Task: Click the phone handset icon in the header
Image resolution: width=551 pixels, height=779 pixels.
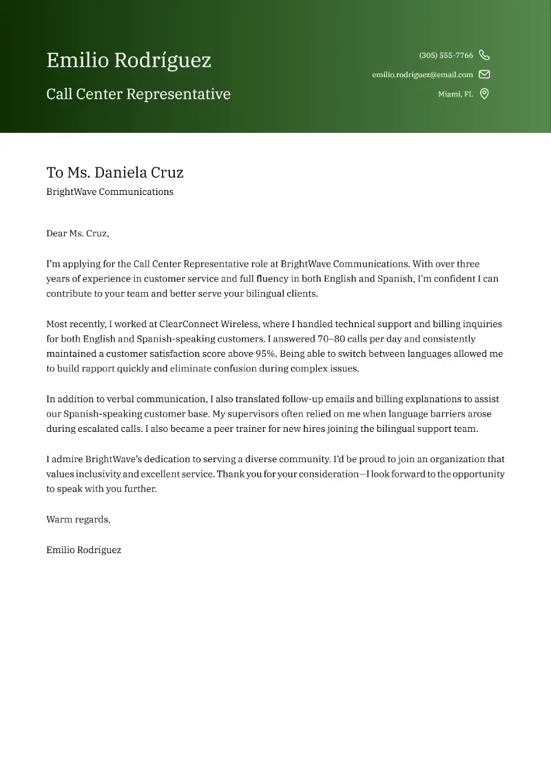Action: click(x=484, y=55)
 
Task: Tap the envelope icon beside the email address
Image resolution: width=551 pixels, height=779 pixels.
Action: click(x=484, y=74)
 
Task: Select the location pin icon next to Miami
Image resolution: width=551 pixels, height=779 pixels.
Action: click(x=484, y=94)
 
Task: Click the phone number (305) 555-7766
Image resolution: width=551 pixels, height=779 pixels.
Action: click(x=446, y=55)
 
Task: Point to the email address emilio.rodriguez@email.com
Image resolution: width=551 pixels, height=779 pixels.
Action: click(x=422, y=74)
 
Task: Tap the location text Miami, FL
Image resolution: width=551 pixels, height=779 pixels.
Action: click(x=455, y=94)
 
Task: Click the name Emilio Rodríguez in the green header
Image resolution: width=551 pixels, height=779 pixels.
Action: click(x=129, y=61)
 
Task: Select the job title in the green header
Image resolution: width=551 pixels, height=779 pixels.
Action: click(x=138, y=94)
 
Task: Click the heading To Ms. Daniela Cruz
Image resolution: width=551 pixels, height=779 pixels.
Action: click(x=115, y=172)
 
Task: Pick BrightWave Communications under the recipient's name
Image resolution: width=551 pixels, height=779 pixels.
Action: click(x=110, y=192)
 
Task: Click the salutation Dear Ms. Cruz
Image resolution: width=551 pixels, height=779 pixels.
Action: click(x=77, y=233)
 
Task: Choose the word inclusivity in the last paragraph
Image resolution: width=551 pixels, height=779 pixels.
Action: click(x=99, y=474)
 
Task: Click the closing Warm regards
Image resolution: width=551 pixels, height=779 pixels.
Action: click(x=78, y=519)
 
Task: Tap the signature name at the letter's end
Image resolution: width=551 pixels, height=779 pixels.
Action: click(x=83, y=550)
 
